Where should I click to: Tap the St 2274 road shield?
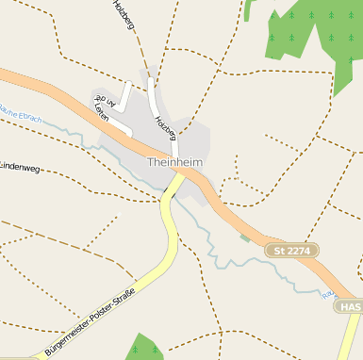[x=291, y=251]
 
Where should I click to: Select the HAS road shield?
[x=351, y=307]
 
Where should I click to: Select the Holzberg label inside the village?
[x=166, y=128]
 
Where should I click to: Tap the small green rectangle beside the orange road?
[x=245, y=238]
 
